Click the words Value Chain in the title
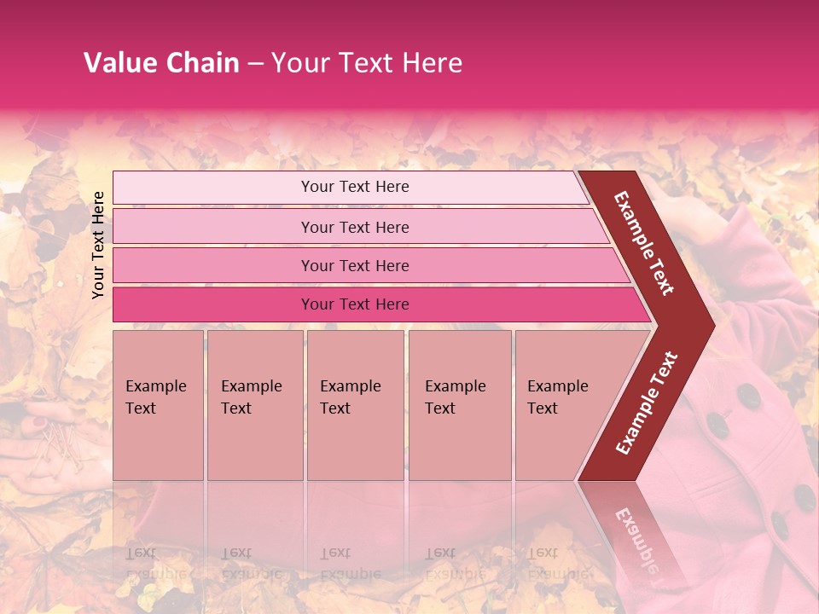161,63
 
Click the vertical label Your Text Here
98,245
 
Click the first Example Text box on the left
158,405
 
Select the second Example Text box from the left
254,405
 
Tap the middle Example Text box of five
355,405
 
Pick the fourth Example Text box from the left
460,405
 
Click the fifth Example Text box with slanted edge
563,405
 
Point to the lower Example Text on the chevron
647,403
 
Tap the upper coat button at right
749,395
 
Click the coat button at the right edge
804,496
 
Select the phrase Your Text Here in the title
367,63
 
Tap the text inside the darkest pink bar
355,304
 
